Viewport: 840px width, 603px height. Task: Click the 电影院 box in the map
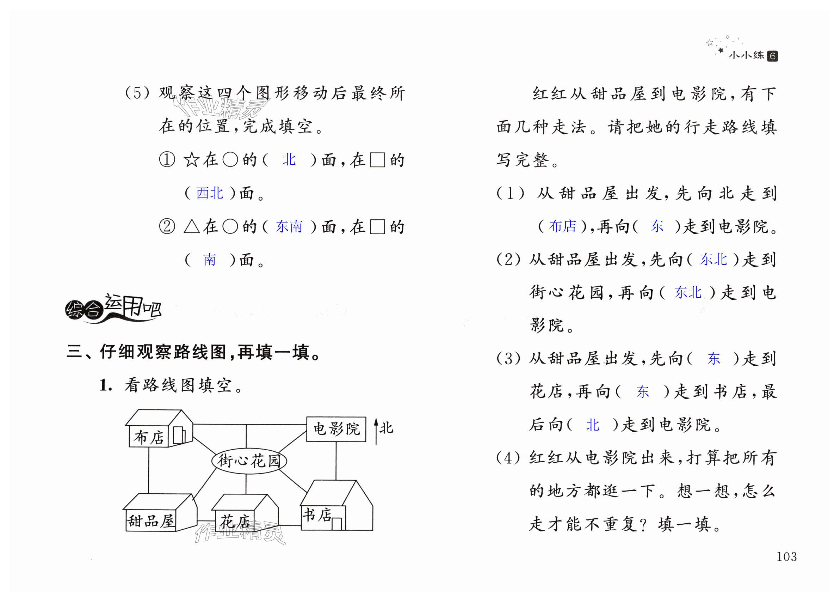coord(336,429)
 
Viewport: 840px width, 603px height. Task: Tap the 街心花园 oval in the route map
coord(249,461)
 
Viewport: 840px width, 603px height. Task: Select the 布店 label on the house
coord(149,437)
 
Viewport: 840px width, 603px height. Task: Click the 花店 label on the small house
coord(235,522)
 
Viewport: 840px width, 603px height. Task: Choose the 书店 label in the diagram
coord(317,515)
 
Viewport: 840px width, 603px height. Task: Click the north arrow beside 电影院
coord(376,431)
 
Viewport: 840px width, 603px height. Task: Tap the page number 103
coord(786,557)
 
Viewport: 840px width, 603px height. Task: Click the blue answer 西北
coord(210,193)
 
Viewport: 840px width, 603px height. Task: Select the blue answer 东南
coord(289,226)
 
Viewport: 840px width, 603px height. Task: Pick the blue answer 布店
coord(563,226)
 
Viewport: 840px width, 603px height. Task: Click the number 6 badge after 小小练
coord(772,56)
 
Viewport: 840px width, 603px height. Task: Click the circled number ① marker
coord(167,160)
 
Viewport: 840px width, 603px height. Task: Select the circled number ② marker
coord(167,226)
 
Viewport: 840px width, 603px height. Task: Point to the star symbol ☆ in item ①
coord(191,160)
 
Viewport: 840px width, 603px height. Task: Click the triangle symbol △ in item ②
coord(191,226)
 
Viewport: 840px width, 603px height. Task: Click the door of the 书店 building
coord(336,524)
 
